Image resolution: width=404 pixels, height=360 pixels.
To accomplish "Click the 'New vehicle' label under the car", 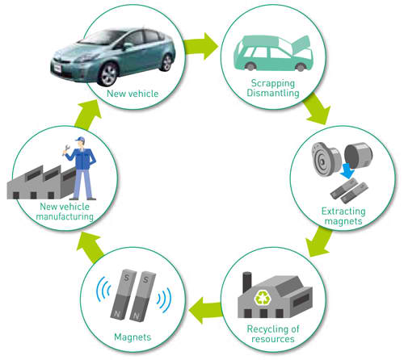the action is (133, 94).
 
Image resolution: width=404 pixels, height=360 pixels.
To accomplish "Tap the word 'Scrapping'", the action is (273, 84).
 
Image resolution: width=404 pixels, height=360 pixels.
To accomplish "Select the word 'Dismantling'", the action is (273, 93).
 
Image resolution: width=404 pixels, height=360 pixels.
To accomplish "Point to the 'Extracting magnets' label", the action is (343, 216).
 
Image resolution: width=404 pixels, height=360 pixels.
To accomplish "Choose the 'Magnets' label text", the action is (133, 337).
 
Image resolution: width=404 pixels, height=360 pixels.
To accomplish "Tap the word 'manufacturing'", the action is (65, 216).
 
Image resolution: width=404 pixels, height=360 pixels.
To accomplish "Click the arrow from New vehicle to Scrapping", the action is (200, 46).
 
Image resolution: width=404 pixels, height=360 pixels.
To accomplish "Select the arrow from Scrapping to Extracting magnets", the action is (317, 109).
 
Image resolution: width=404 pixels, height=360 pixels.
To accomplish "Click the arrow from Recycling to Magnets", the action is (206, 310).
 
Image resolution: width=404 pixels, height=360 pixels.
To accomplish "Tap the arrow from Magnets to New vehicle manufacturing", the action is (90, 248).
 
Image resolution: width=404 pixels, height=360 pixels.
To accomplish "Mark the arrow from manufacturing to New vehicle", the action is (88, 114).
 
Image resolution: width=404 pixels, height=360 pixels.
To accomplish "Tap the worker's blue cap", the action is (80, 139).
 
